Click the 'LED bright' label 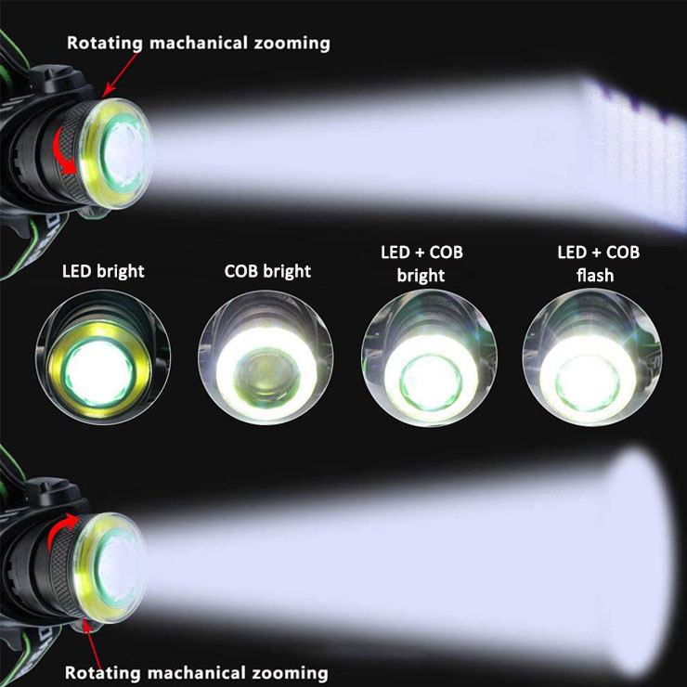click(103, 272)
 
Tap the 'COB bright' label click(267, 272)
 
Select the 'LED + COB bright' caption click(426, 264)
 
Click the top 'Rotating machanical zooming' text click(197, 43)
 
